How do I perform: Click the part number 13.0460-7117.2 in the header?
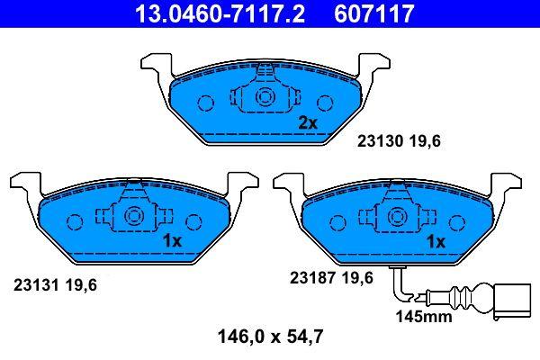(220, 13)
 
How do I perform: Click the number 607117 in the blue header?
(373, 13)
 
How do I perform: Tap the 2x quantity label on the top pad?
(308, 122)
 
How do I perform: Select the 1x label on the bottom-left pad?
(172, 241)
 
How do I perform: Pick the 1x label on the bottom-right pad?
(436, 242)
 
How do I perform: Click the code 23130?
(380, 141)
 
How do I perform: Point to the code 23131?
(36, 285)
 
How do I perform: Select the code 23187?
(312, 278)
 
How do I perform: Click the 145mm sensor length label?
(424, 317)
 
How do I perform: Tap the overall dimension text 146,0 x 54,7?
(270, 337)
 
